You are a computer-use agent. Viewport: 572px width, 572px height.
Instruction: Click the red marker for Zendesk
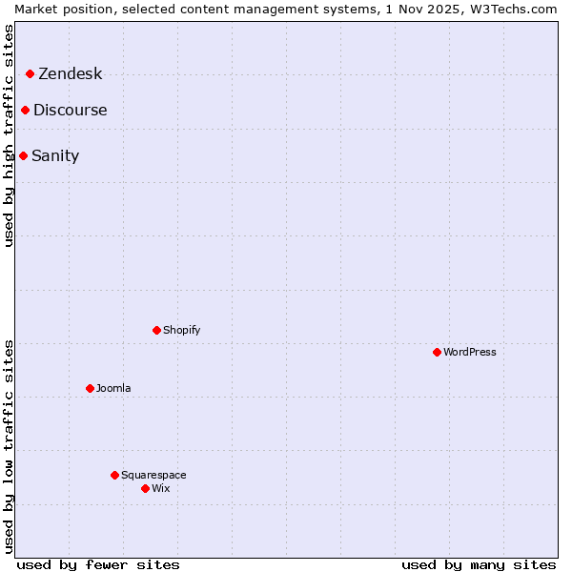(x=30, y=73)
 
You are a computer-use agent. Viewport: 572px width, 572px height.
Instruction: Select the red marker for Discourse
(x=25, y=110)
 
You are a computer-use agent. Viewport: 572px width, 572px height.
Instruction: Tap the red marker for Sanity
(x=23, y=155)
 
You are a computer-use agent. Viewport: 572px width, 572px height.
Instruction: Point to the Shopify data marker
(x=156, y=330)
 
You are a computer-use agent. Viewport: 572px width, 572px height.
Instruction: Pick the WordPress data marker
(x=437, y=352)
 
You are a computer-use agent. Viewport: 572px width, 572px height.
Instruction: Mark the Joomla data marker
(x=90, y=388)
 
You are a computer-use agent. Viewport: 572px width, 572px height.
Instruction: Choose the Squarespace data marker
(x=114, y=475)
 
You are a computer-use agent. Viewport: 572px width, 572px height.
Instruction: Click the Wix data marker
(x=145, y=488)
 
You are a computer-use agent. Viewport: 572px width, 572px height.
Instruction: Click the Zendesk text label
(x=70, y=74)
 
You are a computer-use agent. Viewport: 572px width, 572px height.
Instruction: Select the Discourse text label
(x=71, y=110)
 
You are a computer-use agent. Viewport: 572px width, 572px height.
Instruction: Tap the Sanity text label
(x=55, y=155)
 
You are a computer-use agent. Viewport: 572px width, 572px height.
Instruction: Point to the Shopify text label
(x=181, y=330)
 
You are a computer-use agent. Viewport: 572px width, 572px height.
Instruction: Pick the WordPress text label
(x=469, y=352)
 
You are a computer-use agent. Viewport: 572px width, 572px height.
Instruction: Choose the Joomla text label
(x=113, y=388)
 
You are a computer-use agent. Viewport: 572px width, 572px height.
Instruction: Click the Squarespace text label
(x=153, y=475)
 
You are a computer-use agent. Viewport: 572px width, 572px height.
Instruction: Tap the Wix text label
(x=160, y=488)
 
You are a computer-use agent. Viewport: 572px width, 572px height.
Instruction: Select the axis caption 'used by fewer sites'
(x=98, y=564)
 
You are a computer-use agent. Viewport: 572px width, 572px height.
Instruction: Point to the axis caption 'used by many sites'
(x=479, y=564)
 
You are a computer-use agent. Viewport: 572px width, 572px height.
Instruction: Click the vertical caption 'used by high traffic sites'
(x=9, y=135)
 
